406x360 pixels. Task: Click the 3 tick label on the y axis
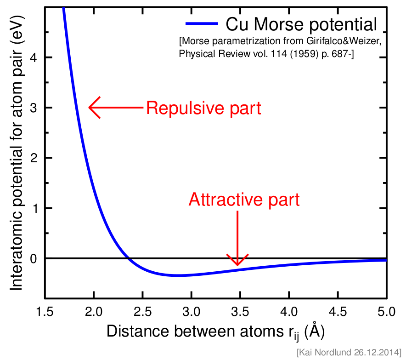coord(34,108)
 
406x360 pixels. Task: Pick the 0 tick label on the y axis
coord(34,258)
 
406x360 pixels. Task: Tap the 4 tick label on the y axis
coord(34,57)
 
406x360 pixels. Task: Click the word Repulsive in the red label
coord(182,109)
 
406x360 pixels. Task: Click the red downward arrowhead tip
coord(237,264)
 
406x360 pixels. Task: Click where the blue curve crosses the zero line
coord(129,258)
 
